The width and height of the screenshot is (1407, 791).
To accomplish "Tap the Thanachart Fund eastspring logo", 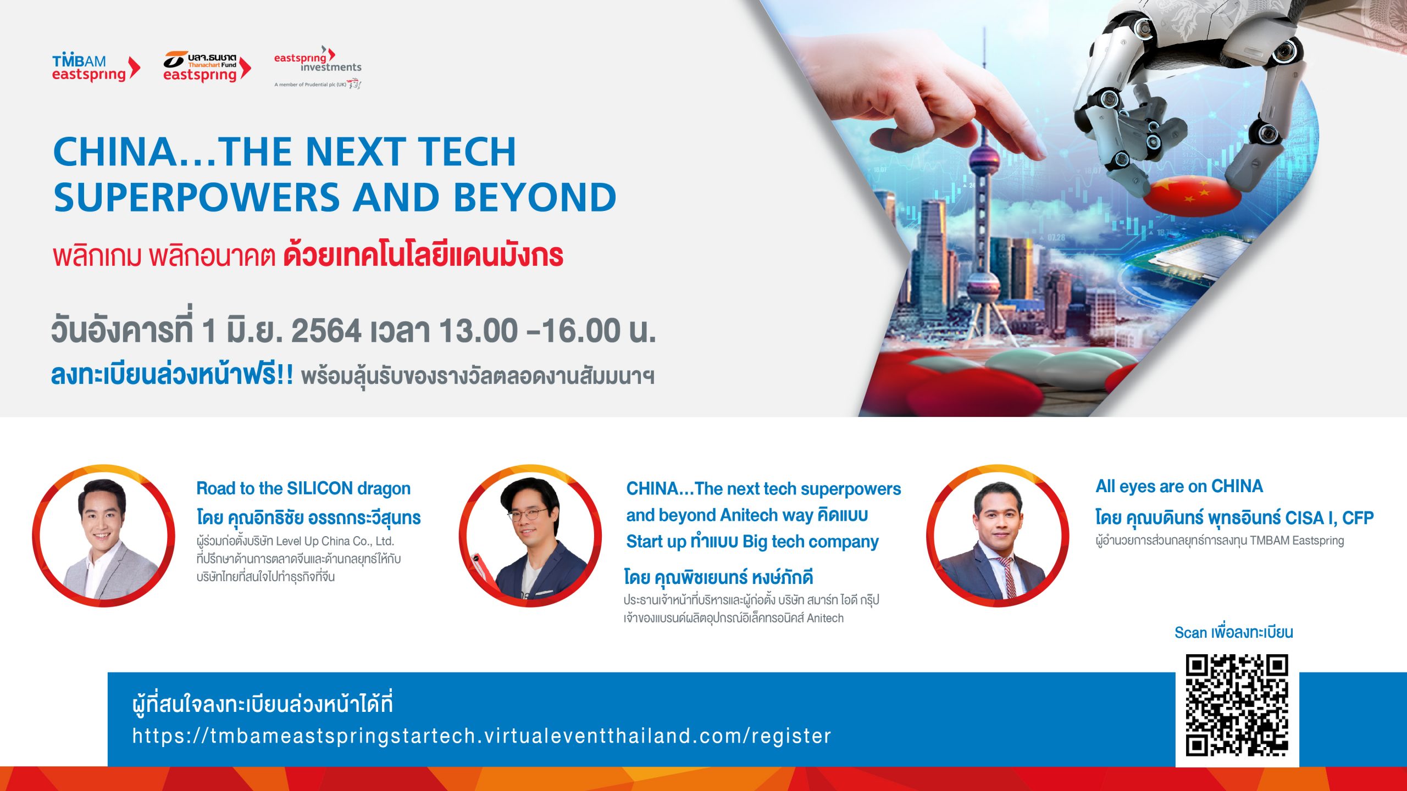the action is pyautogui.click(x=207, y=67).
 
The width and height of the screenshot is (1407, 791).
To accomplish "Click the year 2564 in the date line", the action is pyautogui.click(x=326, y=331).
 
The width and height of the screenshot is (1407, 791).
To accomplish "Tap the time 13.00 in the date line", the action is pyautogui.click(x=478, y=331).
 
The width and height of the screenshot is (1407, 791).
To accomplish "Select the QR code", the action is pyautogui.click(x=1237, y=705).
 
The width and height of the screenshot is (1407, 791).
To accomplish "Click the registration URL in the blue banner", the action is pyautogui.click(x=481, y=736).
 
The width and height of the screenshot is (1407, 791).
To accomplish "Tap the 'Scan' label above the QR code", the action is pyautogui.click(x=1190, y=632).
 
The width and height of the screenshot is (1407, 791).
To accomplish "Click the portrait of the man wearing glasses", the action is pyautogui.click(x=530, y=536).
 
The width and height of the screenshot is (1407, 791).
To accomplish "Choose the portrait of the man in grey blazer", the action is pyautogui.click(x=104, y=536).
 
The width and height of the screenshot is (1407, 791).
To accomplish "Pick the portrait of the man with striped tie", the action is pyautogui.click(x=998, y=536).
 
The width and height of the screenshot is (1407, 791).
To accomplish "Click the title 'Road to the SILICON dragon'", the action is pyautogui.click(x=303, y=488).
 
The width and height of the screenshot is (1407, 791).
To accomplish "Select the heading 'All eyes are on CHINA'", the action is pyautogui.click(x=1179, y=486).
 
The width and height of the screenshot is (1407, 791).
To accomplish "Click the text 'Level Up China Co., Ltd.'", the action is pyautogui.click(x=335, y=541).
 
